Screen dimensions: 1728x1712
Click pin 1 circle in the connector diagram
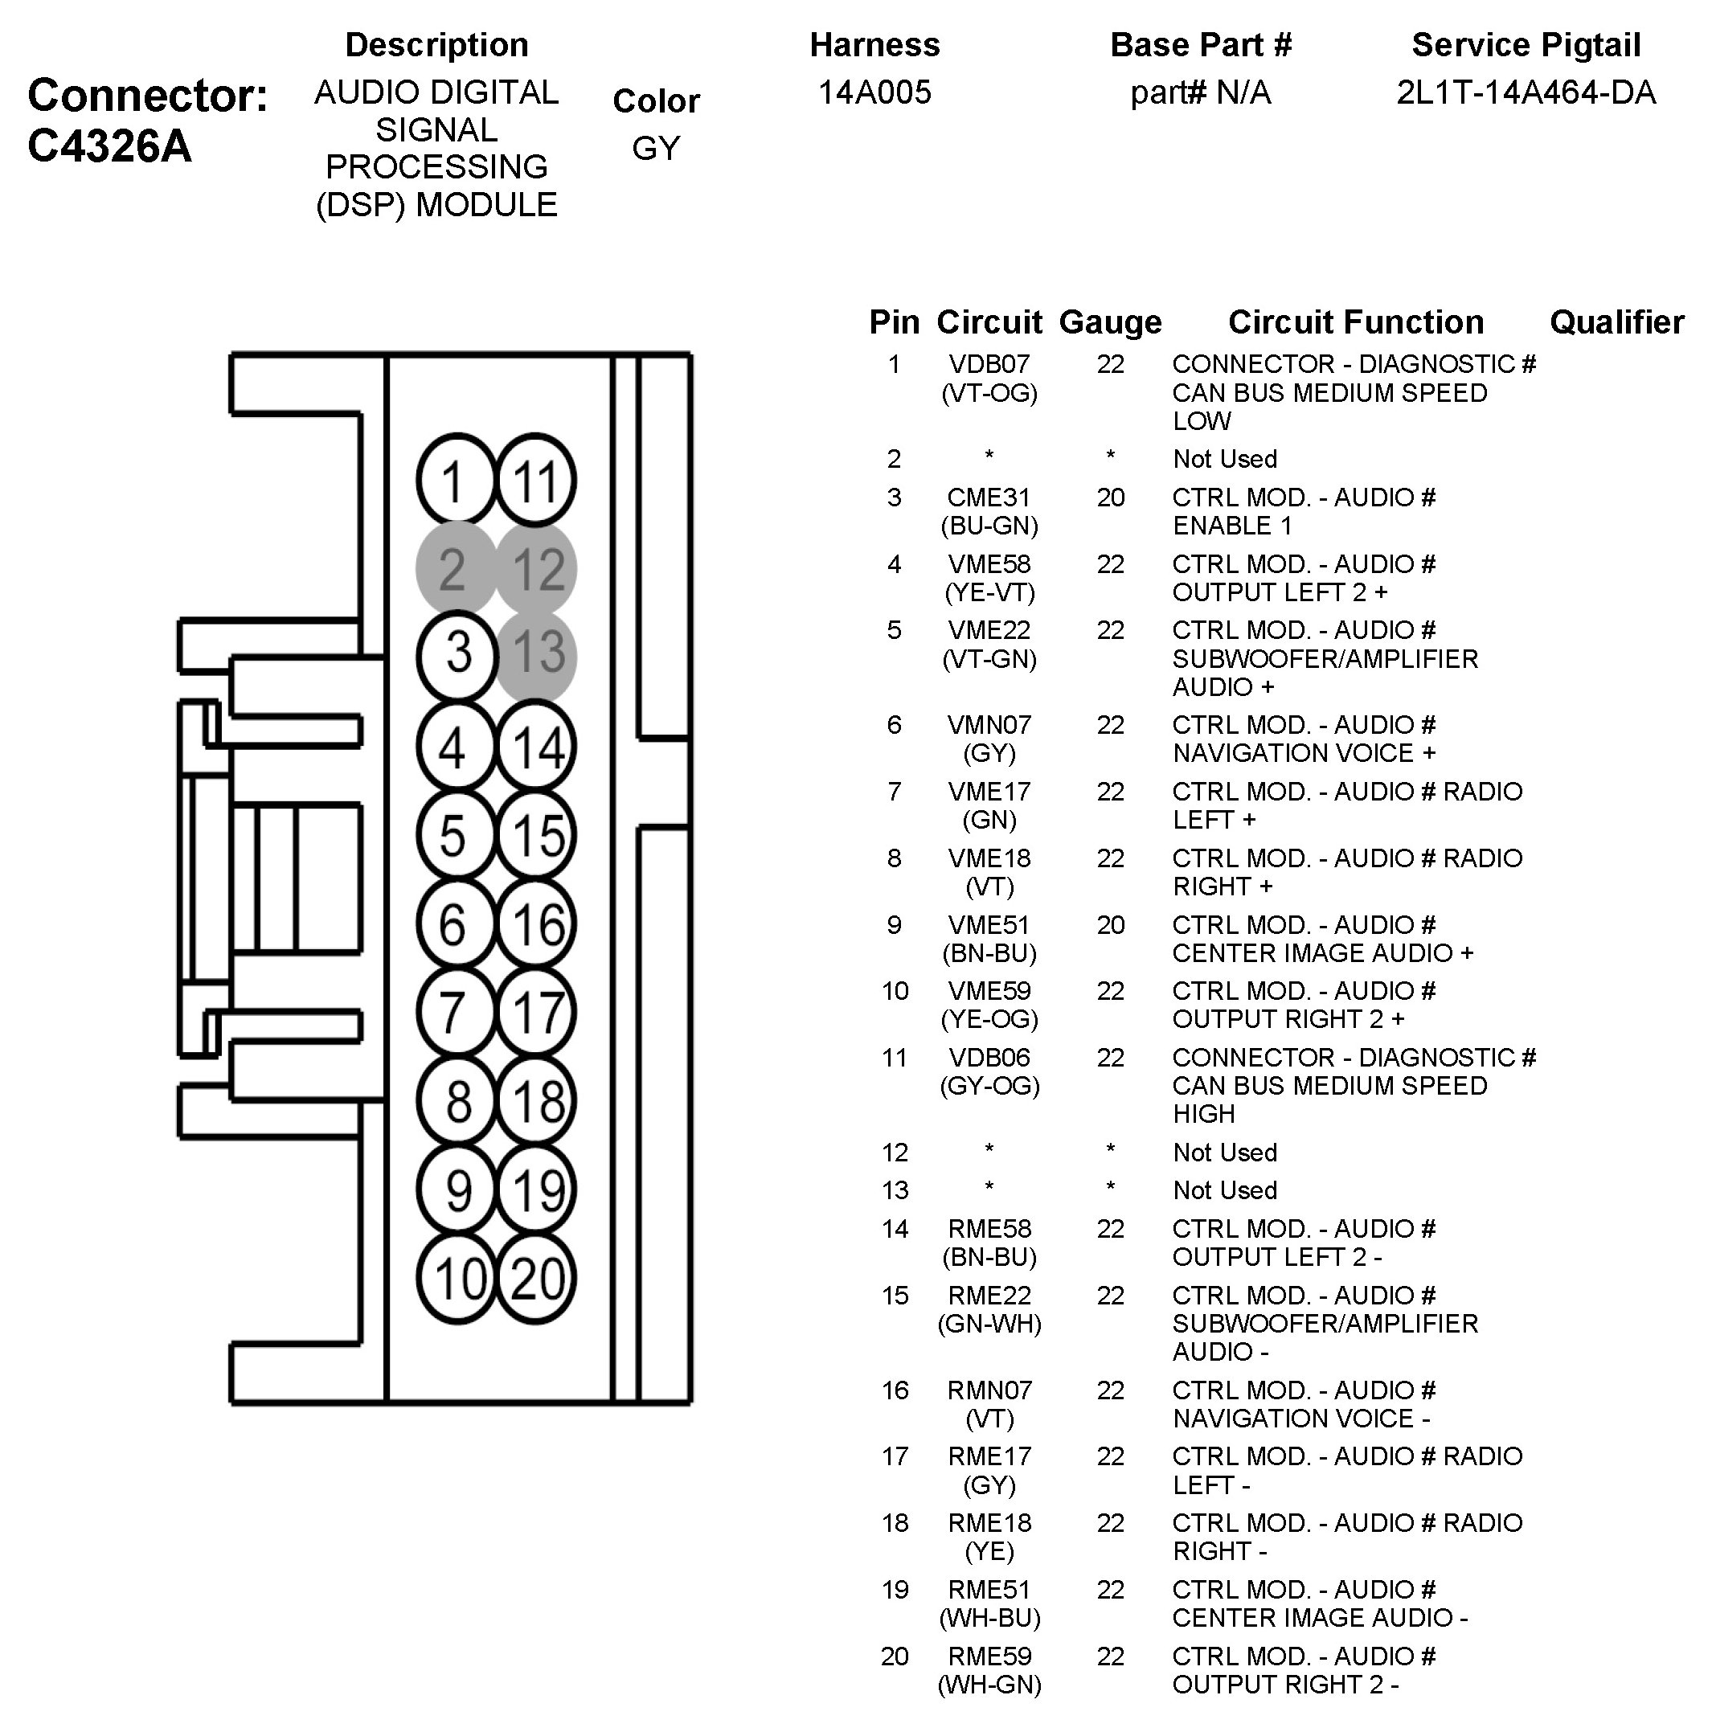[455, 481]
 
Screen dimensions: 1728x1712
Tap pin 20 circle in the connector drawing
[537, 1277]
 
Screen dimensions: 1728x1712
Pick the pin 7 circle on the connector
[455, 1013]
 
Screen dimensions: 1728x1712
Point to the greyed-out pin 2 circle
[455, 569]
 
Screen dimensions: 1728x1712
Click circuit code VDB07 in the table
[989, 364]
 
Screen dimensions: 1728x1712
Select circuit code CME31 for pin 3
[989, 498]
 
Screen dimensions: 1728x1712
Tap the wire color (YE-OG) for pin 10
[989, 1019]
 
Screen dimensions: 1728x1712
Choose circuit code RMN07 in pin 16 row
[989, 1390]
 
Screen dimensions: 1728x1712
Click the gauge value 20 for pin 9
[1110, 925]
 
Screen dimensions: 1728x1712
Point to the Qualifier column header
[1616, 322]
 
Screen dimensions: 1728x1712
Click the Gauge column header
[1110, 322]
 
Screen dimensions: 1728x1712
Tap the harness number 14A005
[874, 92]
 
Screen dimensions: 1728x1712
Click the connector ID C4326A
[110, 145]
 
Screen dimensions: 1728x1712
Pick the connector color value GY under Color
[656, 148]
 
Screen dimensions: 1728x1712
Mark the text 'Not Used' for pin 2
[1224, 459]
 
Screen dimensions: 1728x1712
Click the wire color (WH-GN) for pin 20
[989, 1685]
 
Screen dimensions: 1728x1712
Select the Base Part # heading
[1200, 45]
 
